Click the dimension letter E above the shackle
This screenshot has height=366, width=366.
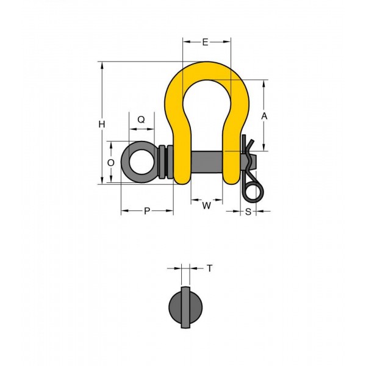(205, 42)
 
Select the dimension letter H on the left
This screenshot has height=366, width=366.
(102, 124)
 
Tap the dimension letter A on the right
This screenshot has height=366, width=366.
(264, 116)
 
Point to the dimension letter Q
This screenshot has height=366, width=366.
(142, 120)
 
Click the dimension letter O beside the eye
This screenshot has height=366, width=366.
(111, 163)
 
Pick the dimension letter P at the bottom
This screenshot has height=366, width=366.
(147, 211)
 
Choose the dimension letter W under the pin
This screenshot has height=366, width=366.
(207, 206)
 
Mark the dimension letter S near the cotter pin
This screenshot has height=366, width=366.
(248, 212)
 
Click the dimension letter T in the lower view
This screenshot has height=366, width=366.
(210, 268)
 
